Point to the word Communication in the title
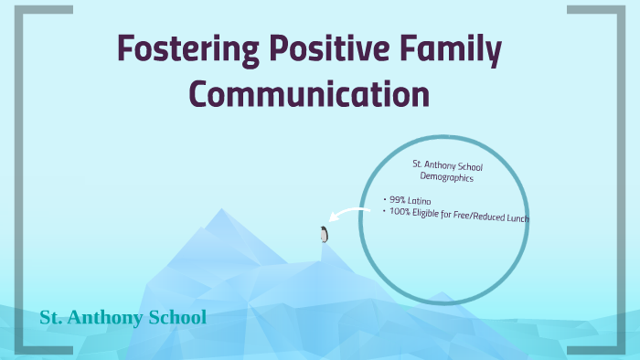click(x=308, y=95)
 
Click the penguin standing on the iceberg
click(x=324, y=234)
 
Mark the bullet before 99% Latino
click(x=386, y=198)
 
